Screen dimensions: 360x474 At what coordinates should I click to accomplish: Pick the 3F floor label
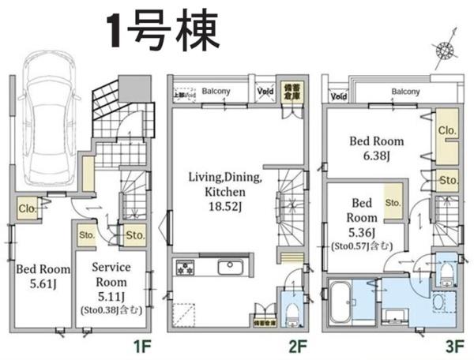pyautogui.click(x=455, y=345)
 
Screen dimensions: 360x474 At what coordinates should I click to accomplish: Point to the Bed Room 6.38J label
pyautogui.click(x=378, y=148)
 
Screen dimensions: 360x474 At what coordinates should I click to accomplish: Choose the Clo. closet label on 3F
pyautogui.click(x=446, y=130)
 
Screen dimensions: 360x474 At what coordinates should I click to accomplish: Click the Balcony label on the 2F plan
pyautogui.click(x=216, y=91)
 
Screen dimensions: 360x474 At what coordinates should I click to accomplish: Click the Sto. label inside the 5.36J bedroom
pyautogui.click(x=393, y=202)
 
